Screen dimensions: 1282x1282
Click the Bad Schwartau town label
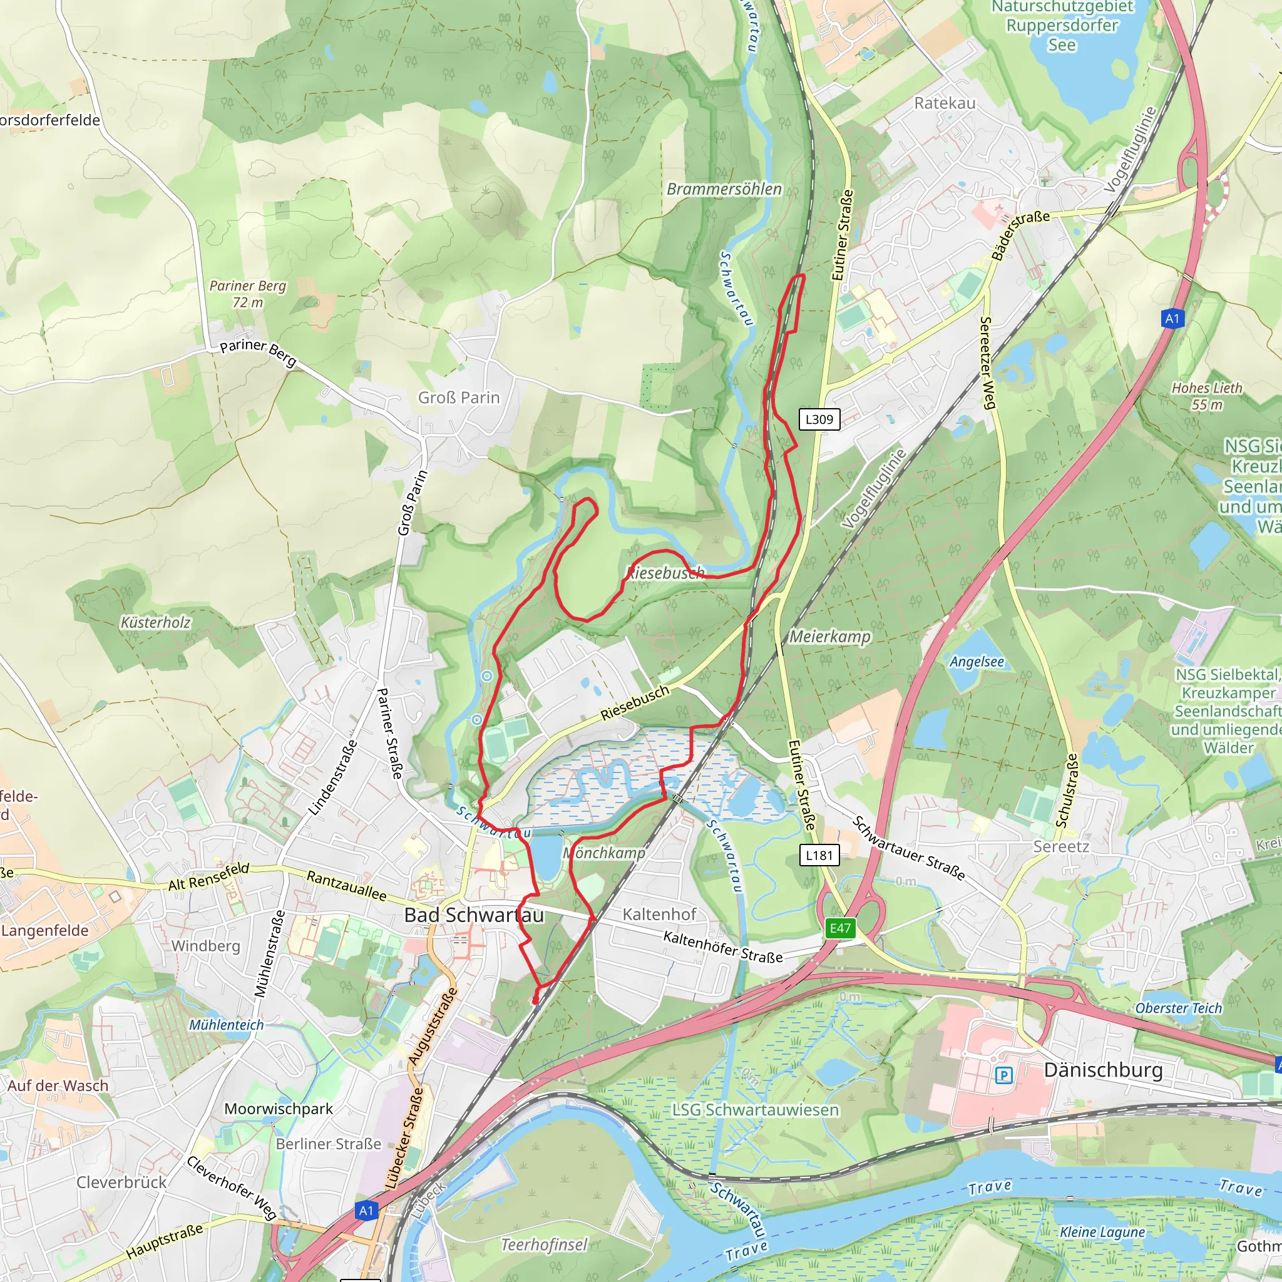tap(474, 915)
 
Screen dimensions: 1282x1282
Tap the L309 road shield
tap(819, 419)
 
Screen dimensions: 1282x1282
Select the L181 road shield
tap(819, 855)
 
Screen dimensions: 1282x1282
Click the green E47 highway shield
tap(840, 928)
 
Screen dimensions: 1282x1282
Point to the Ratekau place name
tap(944, 103)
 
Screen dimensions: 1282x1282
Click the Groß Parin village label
tap(458, 397)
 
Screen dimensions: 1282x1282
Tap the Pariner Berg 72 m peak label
tap(247, 294)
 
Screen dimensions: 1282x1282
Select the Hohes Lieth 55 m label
tap(1206, 396)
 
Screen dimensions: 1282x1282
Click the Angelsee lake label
tap(977, 662)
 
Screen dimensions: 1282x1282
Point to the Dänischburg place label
tap(1103, 1070)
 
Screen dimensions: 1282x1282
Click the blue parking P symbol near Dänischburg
tap(1004, 1075)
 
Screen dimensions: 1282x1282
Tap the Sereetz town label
tap(1060, 847)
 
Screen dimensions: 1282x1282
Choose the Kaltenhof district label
tap(660, 915)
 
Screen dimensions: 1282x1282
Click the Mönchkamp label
tap(605, 853)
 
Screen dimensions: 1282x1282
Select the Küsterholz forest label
tap(155, 622)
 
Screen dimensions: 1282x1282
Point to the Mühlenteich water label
tap(226, 1025)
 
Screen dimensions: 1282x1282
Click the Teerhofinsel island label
tap(544, 1245)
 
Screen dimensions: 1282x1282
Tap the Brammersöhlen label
tap(724, 189)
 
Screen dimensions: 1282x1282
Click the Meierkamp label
tap(829, 637)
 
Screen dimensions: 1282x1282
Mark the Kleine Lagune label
tap(1102, 1232)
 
